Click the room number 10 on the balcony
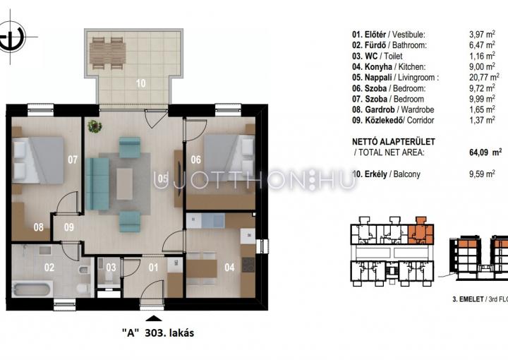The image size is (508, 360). pyautogui.click(x=140, y=83)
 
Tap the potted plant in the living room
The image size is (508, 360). pyautogui.click(x=95, y=126)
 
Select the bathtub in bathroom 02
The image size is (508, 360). pyautogui.click(x=32, y=289)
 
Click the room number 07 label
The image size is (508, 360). pyautogui.click(x=73, y=160)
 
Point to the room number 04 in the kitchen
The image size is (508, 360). pyautogui.click(x=229, y=268)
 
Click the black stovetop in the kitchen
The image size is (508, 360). pyautogui.click(x=248, y=265)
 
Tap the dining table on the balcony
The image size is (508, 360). pyautogui.click(x=107, y=54)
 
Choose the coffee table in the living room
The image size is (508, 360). pyautogui.click(x=124, y=184)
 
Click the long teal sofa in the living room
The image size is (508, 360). pyautogui.click(x=97, y=184)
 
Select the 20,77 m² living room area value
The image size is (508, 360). pyautogui.click(x=484, y=77)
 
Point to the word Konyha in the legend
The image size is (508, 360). pyautogui.click(x=378, y=67)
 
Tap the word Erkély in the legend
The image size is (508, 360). pyautogui.click(x=376, y=174)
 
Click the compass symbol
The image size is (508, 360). pyautogui.click(x=11, y=37)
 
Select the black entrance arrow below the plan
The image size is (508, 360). pyautogui.click(x=154, y=318)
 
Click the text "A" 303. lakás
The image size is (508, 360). pyautogui.click(x=158, y=332)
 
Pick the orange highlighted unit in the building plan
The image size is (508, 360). pyautogui.click(x=421, y=231)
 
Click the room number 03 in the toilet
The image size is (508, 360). pyautogui.click(x=111, y=268)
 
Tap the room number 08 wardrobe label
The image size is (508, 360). pyautogui.click(x=39, y=227)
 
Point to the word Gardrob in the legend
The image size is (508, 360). pyautogui.click(x=380, y=109)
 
